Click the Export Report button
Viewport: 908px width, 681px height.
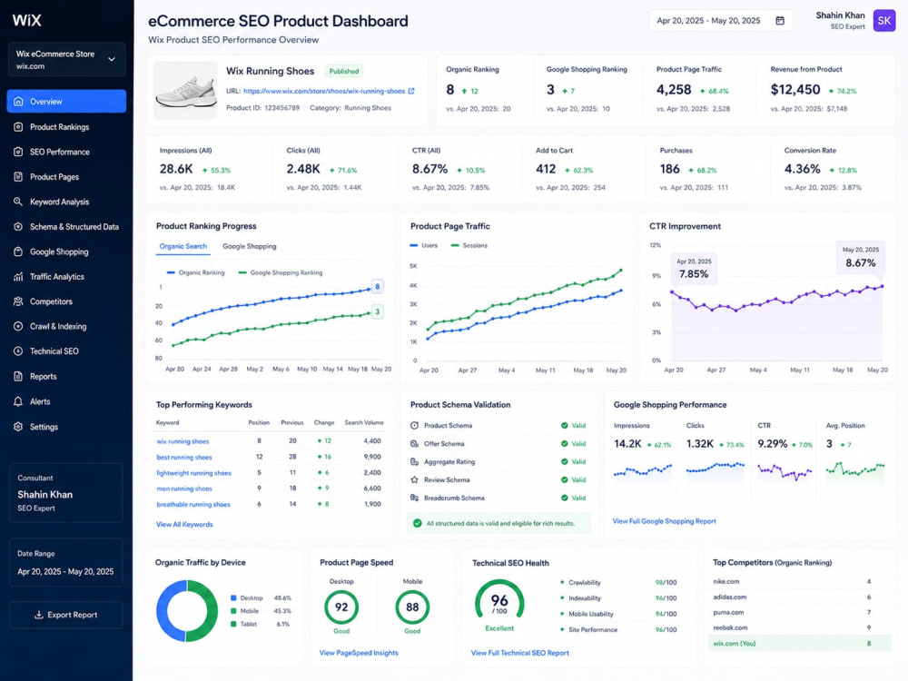pyautogui.click(x=66, y=615)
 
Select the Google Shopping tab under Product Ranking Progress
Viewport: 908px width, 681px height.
pyautogui.click(x=249, y=246)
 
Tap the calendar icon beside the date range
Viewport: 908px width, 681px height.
pyautogui.click(x=780, y=21)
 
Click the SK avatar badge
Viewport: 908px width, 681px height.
pyautogui.click(x=884, y=21)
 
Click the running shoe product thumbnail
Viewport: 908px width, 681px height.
pyautogui.click(x=185, y=91)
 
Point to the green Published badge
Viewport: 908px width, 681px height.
pyautogui.click(x=344, y=71)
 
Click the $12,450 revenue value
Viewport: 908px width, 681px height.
pyautogui.click(x=795, y=90)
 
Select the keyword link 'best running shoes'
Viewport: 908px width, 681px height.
pyautogui.click(x=184, y=457)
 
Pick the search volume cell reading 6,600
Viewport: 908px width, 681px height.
pyautogui.click(x=371, y=489)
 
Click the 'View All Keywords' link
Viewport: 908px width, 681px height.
pyautogui.click(x=184, y=524)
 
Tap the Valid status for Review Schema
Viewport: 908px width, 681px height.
pyautogui.click(x=573, y=479)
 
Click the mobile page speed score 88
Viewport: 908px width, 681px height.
pyautogui.click(x=412, y=607)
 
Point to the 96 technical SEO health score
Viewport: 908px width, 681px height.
pyautogui.click(x=499, y=600)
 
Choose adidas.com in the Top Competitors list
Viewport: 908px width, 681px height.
pyautogui.click(x=730, y=597)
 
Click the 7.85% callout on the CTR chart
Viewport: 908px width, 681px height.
pyautogui.click(x=694, y=269)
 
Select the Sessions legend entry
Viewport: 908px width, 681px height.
pyautogui.click(x=469, y=245)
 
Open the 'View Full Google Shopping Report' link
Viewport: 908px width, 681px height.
pyautogui.click(x=665, y=521)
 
